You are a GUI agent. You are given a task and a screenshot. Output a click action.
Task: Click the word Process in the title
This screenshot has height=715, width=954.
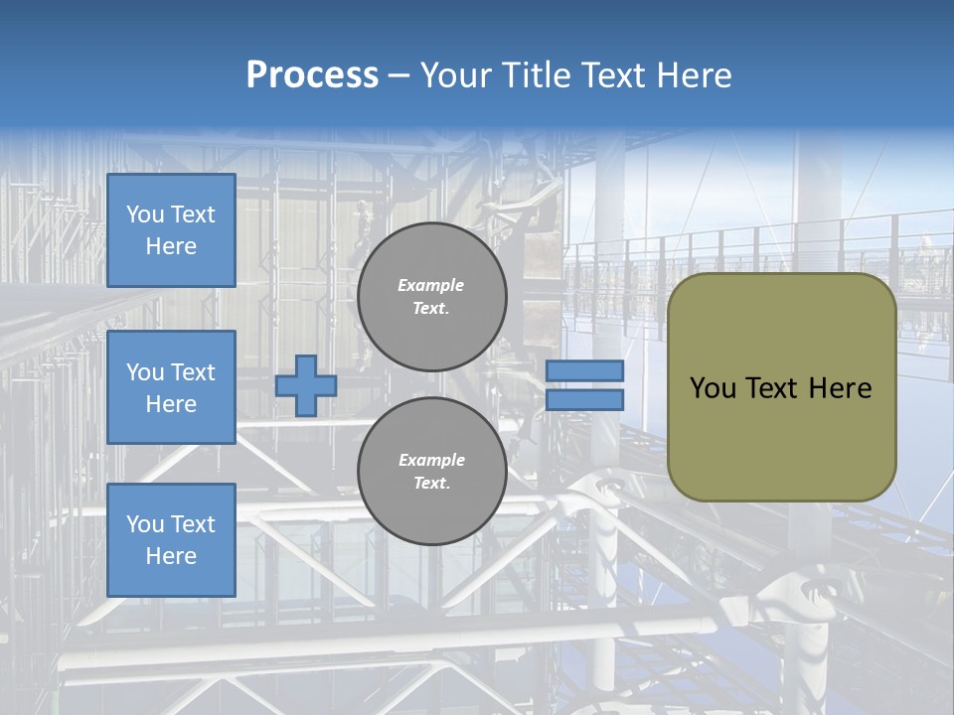click(x=312, y=75)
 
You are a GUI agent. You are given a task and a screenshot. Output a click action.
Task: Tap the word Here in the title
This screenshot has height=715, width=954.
click(x=692, y=75)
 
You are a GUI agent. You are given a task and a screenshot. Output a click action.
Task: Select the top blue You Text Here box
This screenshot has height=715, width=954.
click(x=171, y=230)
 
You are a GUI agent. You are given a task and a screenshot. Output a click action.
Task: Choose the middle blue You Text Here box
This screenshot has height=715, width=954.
click(x=171, y=387)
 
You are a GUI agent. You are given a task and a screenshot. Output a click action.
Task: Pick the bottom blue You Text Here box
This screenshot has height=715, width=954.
click(x=171, y=540)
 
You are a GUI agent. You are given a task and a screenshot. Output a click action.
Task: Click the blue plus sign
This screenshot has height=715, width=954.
click(x=305, y=385)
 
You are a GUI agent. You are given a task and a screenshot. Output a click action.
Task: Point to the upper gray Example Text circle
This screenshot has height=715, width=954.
click(x=431, y=297)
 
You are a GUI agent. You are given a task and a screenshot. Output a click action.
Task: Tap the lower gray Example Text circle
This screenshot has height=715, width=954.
click(x=431, y=472)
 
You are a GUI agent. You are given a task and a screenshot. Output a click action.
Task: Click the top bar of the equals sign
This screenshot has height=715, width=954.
click(x=584, y=371)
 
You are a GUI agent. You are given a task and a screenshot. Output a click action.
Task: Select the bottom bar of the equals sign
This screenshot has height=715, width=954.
click(x=584, y=400)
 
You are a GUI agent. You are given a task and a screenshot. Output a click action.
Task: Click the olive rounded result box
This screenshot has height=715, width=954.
click(x=781, y=437)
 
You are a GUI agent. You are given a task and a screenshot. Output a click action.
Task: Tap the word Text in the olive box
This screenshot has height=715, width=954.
click(x=775, y=388)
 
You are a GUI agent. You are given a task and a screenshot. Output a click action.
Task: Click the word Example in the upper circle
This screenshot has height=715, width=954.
click(x=431, y=286)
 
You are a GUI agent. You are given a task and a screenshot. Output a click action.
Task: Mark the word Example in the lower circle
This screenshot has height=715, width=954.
click(x=431, y=461)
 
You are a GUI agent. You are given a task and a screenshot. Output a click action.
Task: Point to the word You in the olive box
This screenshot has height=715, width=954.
click(x=713, y=388)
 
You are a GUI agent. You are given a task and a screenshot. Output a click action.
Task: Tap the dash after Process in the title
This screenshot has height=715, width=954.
click(x=399, y=75)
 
